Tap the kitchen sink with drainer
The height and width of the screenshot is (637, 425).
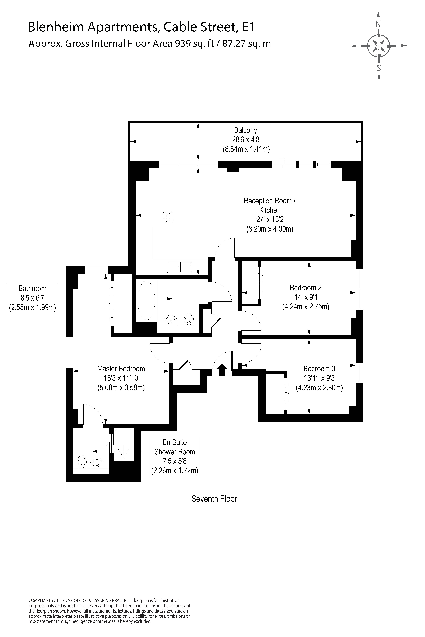click(x=179, y=267)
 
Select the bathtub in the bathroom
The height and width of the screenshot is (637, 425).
click(x=146, y=301)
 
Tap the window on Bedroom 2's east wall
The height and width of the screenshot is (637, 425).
click(x=359, y=289)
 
